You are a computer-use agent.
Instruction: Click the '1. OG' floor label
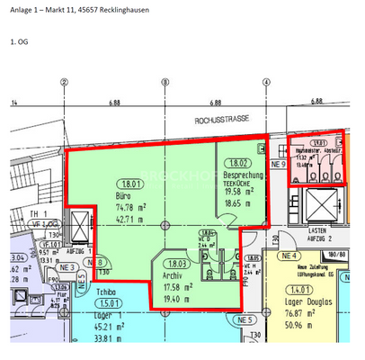pyautogui.click(x=19, y=40)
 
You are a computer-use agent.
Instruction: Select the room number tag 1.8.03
pyautogui.click(x=177, y=264)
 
